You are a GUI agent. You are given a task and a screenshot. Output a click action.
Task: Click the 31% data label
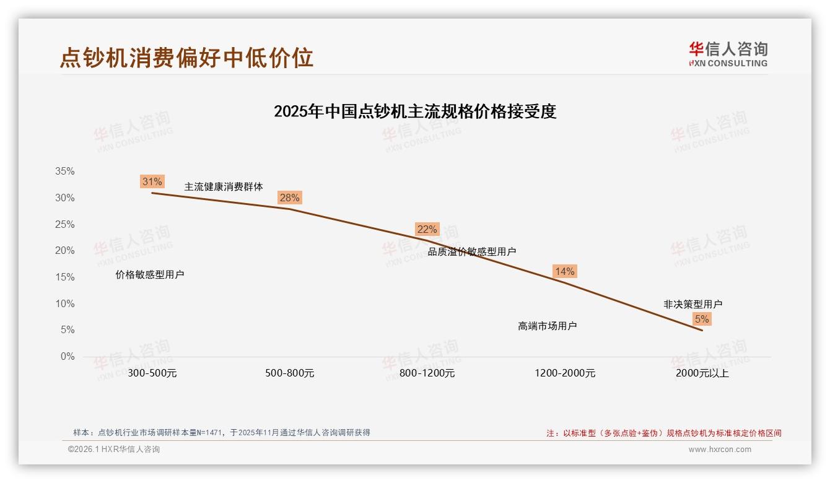pos(152,181)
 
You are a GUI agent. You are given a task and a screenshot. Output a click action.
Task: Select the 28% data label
pos(289,198)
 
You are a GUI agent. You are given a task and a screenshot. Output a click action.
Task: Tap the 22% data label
pos(427,229)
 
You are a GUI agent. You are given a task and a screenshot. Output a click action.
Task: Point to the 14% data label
pos(564,271)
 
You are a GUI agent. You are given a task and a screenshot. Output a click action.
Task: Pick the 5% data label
pos(702,319)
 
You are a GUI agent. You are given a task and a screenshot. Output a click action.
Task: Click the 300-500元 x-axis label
pos(152,373)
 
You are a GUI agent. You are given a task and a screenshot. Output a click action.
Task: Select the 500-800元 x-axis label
pos(290,373)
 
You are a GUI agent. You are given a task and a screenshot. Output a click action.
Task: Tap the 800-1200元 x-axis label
pos(427,373)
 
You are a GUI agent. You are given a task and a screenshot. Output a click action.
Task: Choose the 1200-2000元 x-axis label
pos(564,373)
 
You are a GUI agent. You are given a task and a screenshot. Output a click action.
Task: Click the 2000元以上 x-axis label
pos(702,373)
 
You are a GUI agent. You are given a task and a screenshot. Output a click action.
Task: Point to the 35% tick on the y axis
pos(64,172)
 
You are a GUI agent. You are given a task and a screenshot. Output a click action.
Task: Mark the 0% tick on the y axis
pos(67,357)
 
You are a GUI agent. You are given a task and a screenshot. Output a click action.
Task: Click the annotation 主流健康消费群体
pos(224,186)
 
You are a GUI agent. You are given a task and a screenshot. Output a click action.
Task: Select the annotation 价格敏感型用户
pos(150,274)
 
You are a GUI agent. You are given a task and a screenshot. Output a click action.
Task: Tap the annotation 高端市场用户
pos(547,326)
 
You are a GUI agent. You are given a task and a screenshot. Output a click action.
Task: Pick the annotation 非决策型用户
pos(692,304)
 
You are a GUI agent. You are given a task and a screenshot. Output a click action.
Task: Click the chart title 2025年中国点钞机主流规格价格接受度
pos(415,111)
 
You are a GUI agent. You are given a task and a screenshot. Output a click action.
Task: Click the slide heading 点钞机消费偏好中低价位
pos(186,57)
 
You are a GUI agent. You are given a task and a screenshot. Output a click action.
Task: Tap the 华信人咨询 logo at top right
pos(728,54)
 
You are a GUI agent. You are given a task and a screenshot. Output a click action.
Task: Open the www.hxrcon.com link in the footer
pos(720,450)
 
